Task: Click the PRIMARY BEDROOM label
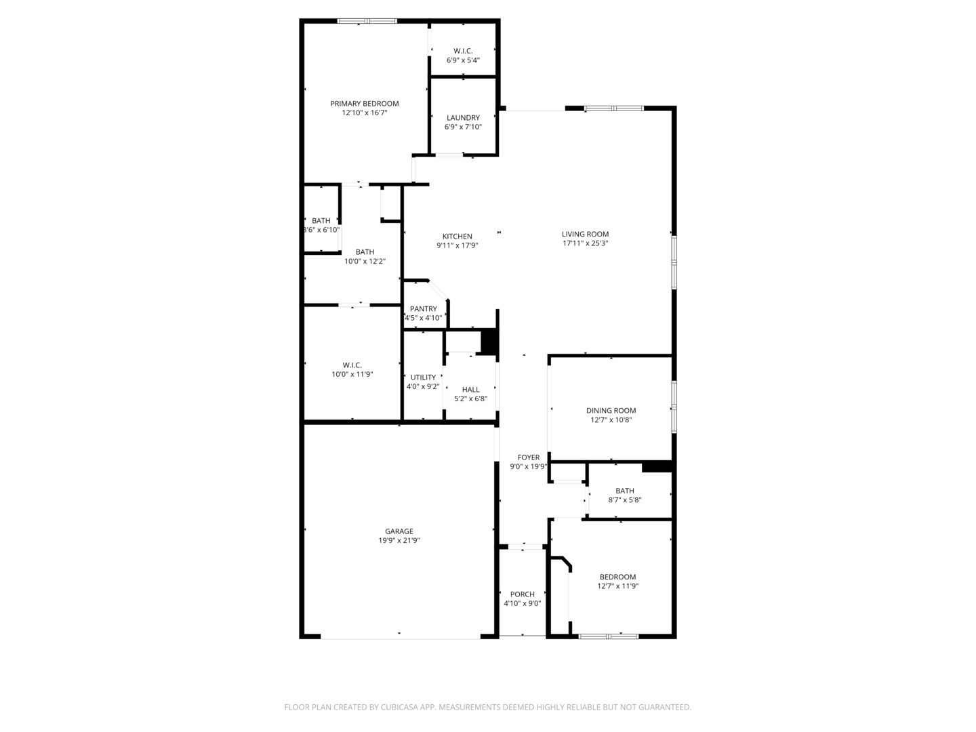point(364,104)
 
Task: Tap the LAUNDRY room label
point(463,118)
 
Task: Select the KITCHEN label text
point(457,237)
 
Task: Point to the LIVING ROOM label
point(585,235)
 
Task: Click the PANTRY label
point(423,309)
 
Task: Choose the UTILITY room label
point(423,378)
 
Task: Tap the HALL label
point(470,390)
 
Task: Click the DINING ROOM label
point(611,411)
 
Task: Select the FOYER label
point(529,457)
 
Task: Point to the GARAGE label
point(399,531)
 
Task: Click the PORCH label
point(522,594)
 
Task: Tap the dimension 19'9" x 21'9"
point(399,541)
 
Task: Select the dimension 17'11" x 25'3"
point(585,243)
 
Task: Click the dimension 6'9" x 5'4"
point(463,60)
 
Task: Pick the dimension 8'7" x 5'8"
point(624,500)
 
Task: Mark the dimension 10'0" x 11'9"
point(352,374)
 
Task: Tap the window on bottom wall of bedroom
point(608,636)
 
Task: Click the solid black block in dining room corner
point(656,466)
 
